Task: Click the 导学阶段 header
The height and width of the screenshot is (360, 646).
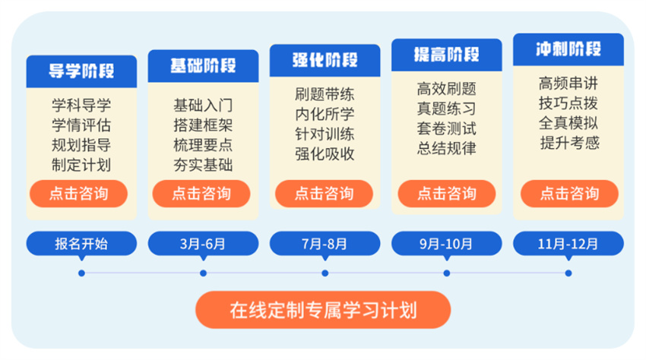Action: click(x=81, y=71)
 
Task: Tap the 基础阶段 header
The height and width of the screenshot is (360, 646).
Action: click(x=203, y=66)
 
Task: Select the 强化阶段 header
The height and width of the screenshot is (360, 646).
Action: click(x=325, y=61)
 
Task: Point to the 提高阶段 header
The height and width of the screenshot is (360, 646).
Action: click(x=447, y=55)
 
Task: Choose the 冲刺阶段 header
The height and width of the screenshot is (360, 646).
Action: click(x=568, y=49)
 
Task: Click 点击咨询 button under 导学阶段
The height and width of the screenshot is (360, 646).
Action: click(x=79, y=194)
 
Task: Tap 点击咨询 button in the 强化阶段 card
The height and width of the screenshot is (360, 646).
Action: click(x=325, y=194)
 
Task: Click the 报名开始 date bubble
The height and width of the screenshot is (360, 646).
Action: click(x=81, y=244)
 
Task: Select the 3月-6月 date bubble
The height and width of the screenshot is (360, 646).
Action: click(x=203, y=244)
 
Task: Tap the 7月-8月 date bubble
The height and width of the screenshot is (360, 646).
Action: click(x=325, y=244)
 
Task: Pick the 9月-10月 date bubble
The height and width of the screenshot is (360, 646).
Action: click(x=447, y=244)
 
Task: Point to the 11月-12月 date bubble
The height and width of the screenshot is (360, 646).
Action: click(x=568, y=244)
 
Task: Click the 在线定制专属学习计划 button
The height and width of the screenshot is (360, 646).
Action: click(x=323, y=310)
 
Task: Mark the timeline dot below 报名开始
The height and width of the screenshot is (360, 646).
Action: click(x=81, y=273)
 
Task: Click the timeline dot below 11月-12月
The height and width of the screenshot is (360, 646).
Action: click(x=568, y=273)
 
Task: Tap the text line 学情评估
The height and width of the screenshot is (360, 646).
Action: click(x=81, y=125)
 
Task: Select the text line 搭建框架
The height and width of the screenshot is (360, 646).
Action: click(x=203, y=125)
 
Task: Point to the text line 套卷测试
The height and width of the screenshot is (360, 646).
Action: click(x=447, y=128)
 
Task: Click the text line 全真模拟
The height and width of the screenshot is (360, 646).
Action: click(x=568, y=123)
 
